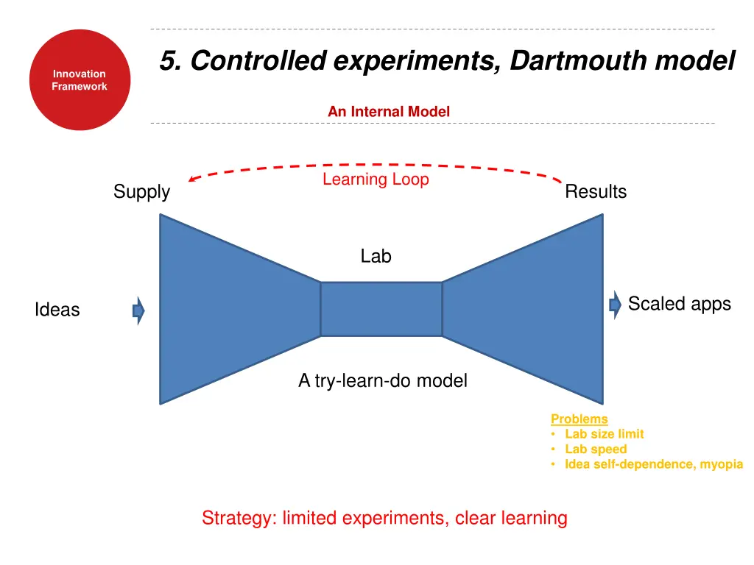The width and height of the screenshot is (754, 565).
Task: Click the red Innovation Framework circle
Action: pos(80,80)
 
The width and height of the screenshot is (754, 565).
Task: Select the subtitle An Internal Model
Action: pos(388,112)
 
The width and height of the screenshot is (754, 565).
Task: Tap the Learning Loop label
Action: pos(376,180)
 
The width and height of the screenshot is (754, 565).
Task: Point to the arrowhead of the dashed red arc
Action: pos(191,179)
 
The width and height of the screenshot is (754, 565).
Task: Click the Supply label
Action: pos(141,192)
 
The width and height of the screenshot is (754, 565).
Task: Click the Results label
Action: pos(596,192)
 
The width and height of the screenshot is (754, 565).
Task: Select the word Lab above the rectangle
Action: pos(376,257)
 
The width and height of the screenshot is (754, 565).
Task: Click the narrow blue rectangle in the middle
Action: pos(381,309)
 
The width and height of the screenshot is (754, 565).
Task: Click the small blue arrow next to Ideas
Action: pos(138,310)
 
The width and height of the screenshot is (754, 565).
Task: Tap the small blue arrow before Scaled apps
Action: pos(616,305)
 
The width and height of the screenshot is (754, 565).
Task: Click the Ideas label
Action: pos(57,310)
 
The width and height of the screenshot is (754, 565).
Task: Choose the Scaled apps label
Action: pos(679,304)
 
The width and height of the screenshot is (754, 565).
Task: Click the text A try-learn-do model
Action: pos(382,381)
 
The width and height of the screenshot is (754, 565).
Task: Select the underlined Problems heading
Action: pos(579,419)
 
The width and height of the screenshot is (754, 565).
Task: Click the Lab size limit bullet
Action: pos(604,434)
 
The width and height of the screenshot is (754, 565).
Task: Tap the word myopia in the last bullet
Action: pos(721,464)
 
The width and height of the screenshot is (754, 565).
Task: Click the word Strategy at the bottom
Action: pos(236,519)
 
